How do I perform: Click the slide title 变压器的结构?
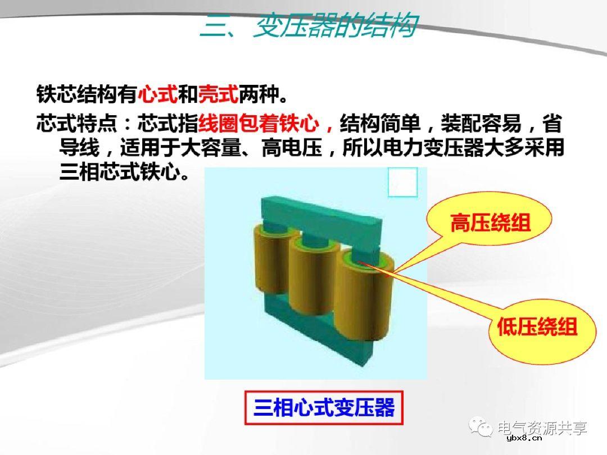[x=308, y=27]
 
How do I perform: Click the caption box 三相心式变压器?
[x=324, y=407]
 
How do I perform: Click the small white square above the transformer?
[x=403, y=182]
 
